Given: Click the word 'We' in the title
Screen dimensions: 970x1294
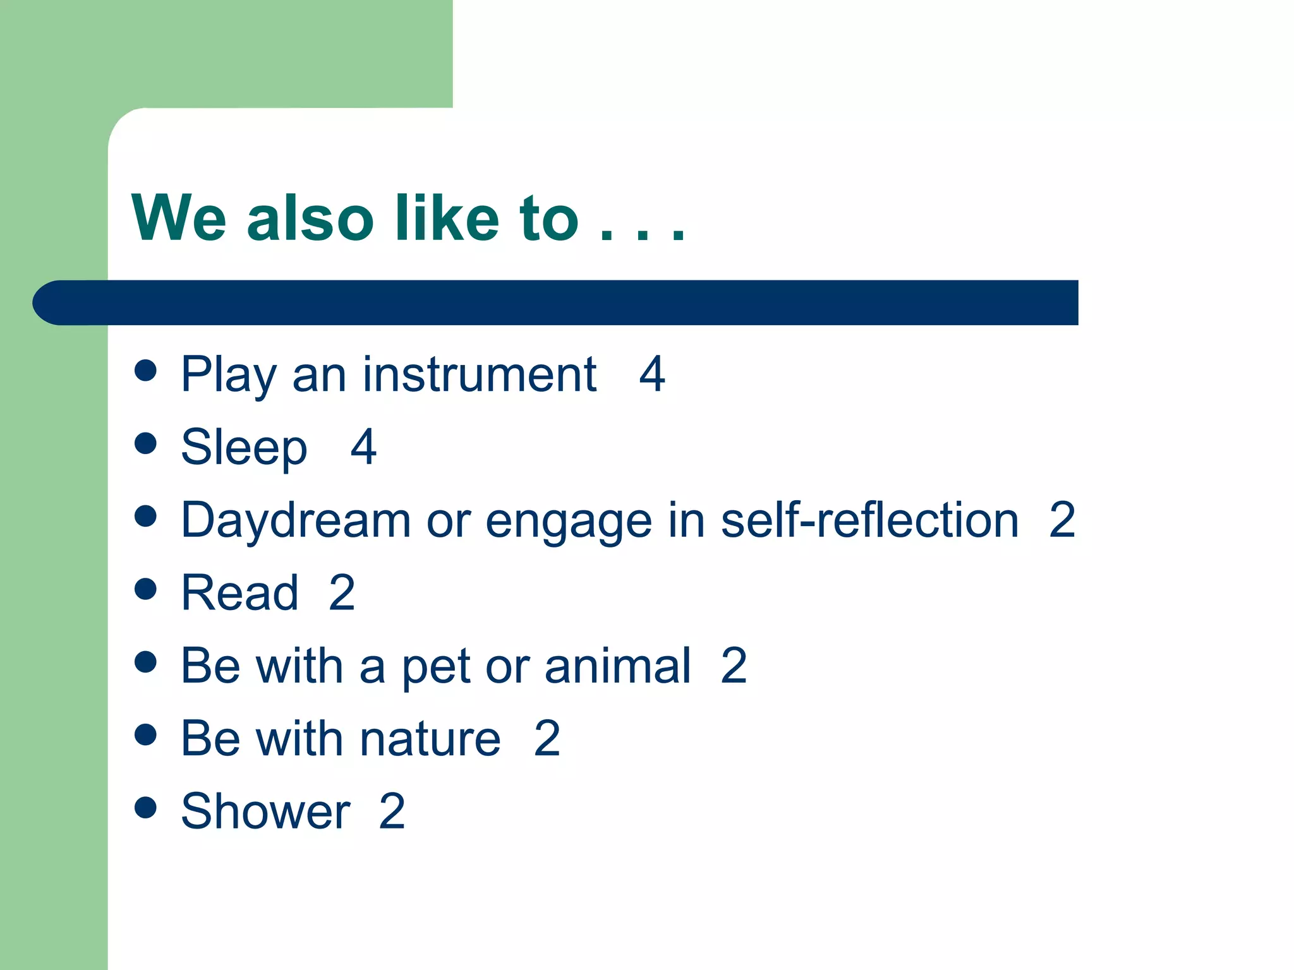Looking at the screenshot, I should coord(179,218).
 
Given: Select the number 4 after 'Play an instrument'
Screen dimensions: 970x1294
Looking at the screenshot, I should coord(652,374).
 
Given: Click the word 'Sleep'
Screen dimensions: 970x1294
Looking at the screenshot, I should coord(244,448).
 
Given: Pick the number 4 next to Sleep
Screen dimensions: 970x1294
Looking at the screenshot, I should coord(364,448).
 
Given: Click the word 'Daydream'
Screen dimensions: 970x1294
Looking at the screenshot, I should coord(296,520).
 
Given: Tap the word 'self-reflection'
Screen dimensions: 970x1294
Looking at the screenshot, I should coord(869,520).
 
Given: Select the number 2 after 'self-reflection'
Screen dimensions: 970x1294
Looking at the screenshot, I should coord(1062,520).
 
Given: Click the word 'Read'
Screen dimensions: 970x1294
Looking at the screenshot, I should coord(239,593).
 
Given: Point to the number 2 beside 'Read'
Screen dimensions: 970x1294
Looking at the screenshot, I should coord(342,593).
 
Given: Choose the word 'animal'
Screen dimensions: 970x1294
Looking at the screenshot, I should coord(617,666).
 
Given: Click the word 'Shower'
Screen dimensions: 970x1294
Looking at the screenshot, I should coord(265,811).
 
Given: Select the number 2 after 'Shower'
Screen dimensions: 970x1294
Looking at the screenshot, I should coord(392,811).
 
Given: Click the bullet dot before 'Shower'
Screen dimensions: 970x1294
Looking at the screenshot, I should coord(145,807).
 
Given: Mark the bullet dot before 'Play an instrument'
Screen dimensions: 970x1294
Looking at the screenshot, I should coord(145,371).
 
